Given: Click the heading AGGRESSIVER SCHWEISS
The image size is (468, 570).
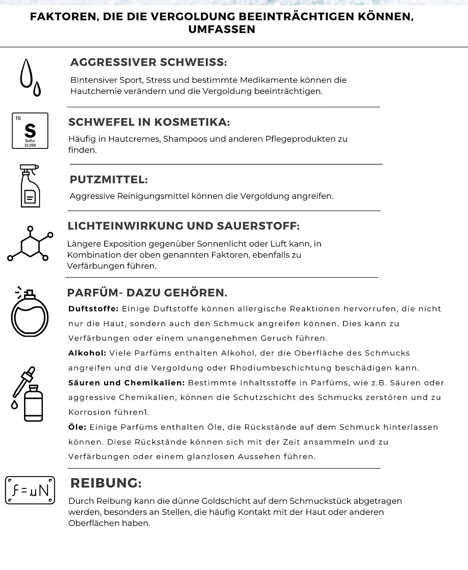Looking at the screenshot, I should coord(148,62).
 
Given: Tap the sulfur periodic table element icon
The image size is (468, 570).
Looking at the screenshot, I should coord(30,130).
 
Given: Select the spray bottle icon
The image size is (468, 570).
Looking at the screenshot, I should coord(30,186).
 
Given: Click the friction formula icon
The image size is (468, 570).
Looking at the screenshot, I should coord(30,490).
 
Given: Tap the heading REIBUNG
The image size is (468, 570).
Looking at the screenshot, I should coord(106,483).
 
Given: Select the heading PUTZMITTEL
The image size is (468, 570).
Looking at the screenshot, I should coord(109,179).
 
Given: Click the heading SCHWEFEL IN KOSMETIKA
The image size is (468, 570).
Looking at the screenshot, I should coord(149,122).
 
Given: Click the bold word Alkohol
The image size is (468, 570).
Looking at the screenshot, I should coord(87,353).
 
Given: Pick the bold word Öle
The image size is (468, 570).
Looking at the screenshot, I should coord(77,427).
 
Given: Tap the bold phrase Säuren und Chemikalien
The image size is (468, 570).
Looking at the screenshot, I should coord(127,383).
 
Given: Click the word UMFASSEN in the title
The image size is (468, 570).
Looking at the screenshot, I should coord(222,29).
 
